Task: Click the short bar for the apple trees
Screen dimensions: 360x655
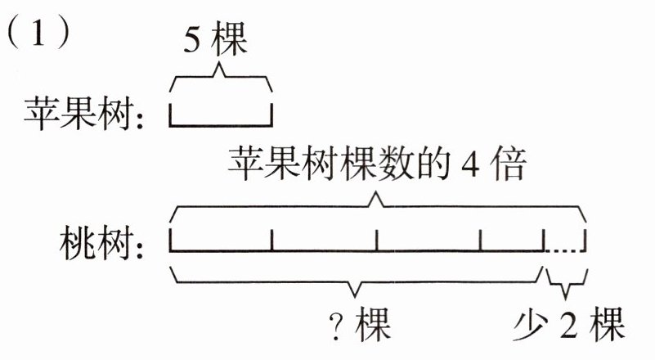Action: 220,124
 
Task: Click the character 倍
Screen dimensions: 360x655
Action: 510,168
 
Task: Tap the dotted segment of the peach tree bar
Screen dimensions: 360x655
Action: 565,249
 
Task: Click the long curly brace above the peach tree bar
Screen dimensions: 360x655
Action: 377,205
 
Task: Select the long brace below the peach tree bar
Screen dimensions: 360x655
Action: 355,281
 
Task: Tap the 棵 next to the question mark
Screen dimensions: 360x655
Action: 372,328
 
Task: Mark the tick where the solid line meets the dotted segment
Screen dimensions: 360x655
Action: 543,241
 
